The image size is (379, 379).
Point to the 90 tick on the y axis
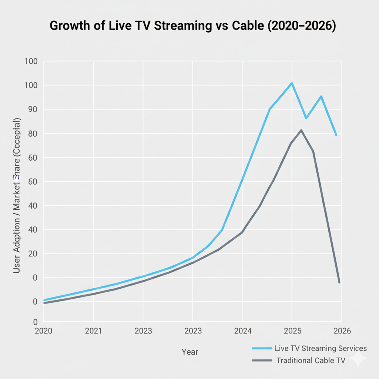click(x=31, y=110)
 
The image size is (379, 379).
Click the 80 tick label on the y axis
click(x=31, y=134)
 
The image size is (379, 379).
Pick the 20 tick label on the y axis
click(x=31, y=254)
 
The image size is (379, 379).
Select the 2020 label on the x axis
click(x=44, y=331)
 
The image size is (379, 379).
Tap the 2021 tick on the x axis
click(x=93, y=331)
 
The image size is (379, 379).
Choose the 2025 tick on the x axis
click(x=292, y=331)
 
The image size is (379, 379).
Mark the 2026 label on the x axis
click(x=341, y=331)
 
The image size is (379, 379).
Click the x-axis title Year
click(x=189, y=352)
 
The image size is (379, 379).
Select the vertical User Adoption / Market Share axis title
click(x=17, y=196)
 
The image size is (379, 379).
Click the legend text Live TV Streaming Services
click(x=321, y=348)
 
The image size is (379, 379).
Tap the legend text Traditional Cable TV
click(x=311, y=360)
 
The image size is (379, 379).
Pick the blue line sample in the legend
click(x=262, y=348)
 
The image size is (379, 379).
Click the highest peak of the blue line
click(x=292, y=83)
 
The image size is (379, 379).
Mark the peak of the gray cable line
click(x=301, y=130)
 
